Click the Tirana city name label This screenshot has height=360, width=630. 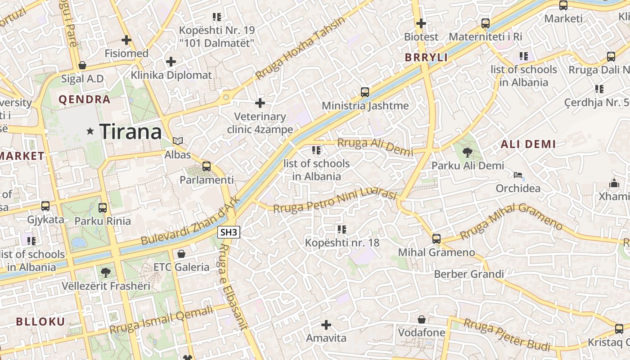[130, 131]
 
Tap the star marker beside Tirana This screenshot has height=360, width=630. [90, 131]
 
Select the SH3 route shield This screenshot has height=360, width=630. [229, 232]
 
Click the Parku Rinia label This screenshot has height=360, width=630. [103, 221]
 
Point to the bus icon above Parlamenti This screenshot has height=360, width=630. [207, 166]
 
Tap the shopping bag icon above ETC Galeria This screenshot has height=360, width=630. [181, 254]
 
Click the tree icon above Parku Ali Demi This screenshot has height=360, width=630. [468, 153]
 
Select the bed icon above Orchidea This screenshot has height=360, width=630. [518, 175]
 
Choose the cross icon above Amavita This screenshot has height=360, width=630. [326, 324]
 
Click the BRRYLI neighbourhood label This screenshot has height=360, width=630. [426, 58]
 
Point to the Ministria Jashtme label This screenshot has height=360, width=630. [365, 106]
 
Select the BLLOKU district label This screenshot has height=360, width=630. [40, 321]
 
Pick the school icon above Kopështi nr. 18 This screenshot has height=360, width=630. [342, 229]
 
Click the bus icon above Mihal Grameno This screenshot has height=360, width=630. [436, 239]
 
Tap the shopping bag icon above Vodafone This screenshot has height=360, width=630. [422, 319]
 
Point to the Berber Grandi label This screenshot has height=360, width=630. [468, 274]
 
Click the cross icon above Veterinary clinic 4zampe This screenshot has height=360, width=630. [260, 103]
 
